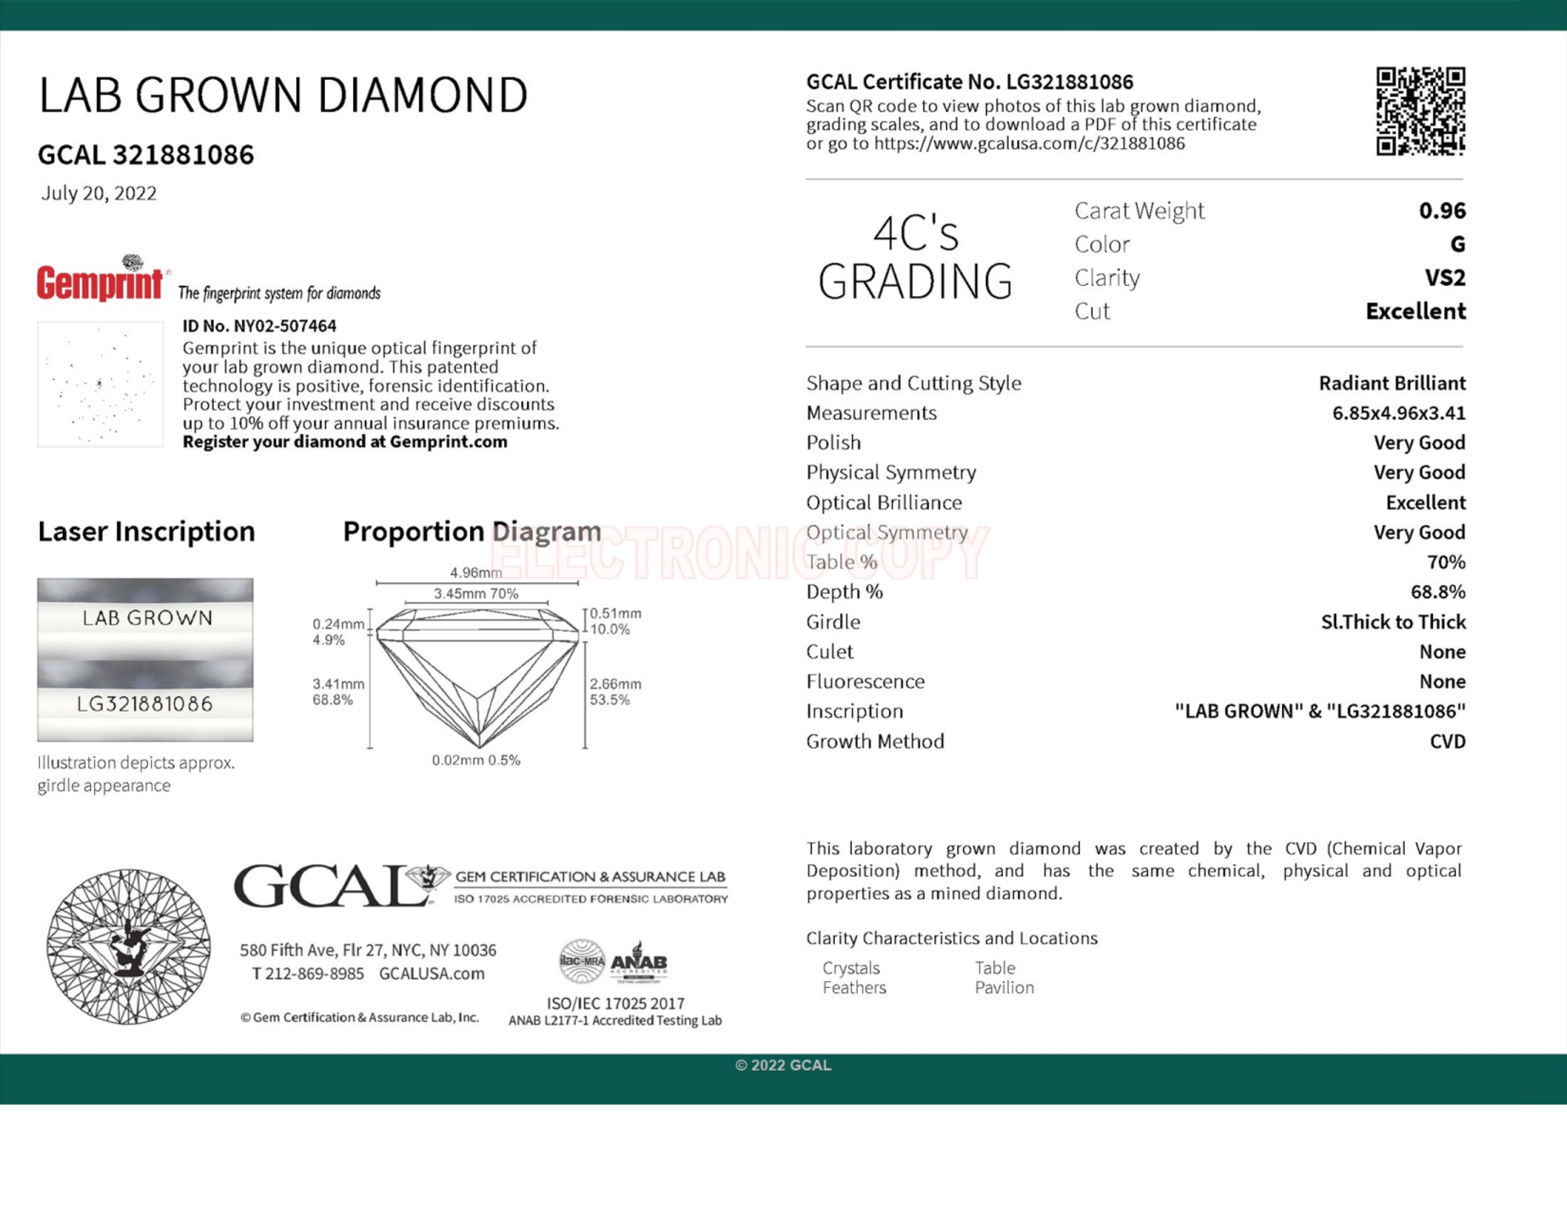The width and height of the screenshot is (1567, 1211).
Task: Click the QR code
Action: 1420,111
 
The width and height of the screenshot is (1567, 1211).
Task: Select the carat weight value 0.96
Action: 1442,211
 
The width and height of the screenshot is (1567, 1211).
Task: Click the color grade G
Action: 1457,244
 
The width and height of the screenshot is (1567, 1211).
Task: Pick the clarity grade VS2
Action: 1445,278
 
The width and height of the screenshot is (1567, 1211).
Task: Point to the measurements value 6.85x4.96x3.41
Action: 1398,413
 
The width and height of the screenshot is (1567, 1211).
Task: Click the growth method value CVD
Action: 1447,741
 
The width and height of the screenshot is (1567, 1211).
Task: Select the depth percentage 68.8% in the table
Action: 1437,591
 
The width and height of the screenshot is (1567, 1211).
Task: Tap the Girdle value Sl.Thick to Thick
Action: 1392,622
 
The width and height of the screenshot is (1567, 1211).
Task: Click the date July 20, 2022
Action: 99,193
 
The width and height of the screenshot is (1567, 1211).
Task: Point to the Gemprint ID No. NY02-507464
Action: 259,326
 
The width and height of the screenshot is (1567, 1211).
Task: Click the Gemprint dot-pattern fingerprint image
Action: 100,385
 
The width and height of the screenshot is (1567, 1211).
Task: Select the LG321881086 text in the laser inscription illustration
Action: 145,703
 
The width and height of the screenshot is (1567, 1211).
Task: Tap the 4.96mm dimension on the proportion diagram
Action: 475,573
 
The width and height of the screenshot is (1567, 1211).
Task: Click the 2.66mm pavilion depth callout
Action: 615,684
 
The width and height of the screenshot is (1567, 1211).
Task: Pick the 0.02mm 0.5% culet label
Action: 476,760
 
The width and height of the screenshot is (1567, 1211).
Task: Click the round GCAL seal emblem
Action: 128,945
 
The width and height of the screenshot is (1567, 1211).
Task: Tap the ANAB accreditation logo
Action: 639,961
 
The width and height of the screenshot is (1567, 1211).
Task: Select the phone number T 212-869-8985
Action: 308,974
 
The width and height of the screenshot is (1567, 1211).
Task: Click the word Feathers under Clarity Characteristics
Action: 854,988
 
